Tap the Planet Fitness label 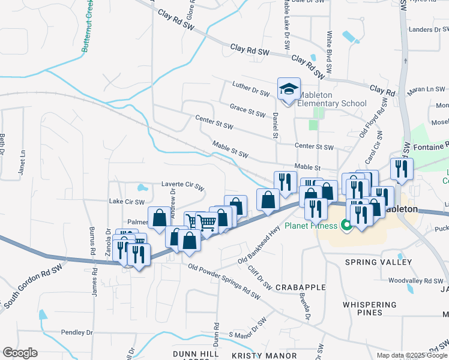tap(310, 226)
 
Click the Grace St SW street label tap(247, 110)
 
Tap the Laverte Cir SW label tap(183, 186)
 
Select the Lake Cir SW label tap(127, 202)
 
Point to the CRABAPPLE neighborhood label tap(300, 288)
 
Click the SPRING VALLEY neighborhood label tap(378, 262)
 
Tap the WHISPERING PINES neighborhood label tap(370, 308)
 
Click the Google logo tap(20, 353)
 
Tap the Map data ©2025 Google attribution tap(411, 355)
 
